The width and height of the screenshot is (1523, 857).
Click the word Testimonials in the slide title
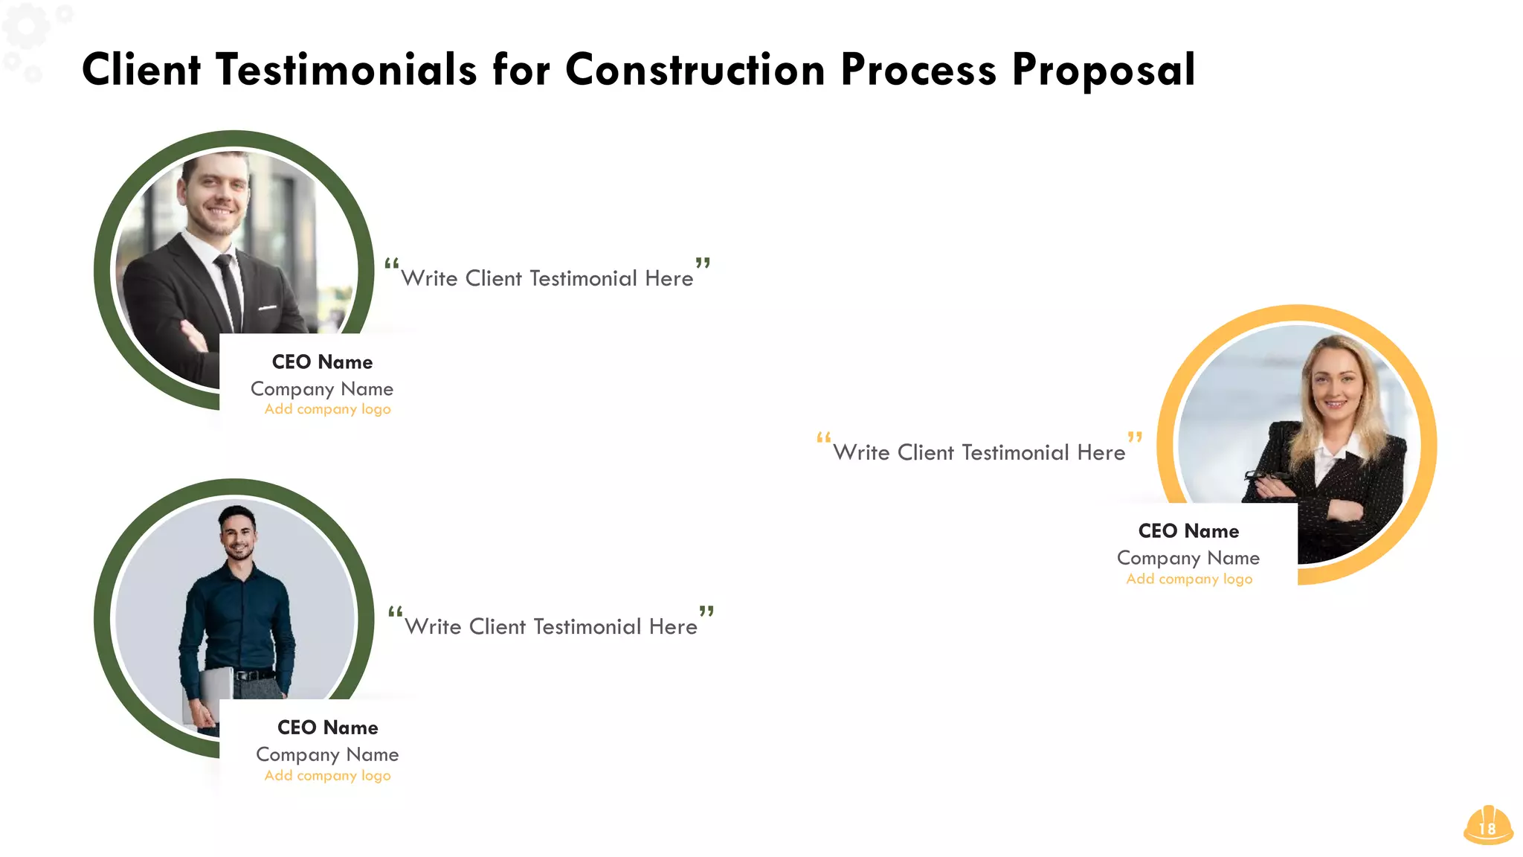pyautogui.click(x=346, y=70)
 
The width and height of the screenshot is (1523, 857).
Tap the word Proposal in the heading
pyautogui.click(x=1104, y=71)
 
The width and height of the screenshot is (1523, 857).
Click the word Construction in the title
pyautogui.click(x=695, y=70)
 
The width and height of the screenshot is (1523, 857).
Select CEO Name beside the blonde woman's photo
pyautogui.click(x=1188, y=531)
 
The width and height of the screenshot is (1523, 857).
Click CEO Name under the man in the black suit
pyautogui.click(x=322, y=362)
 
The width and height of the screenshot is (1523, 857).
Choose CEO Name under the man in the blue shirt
pyautogui.click(x=327, y=728)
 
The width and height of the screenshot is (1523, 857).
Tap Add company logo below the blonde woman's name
pyautogui.click(x=1188, y=579)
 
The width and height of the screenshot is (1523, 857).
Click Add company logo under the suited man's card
pyautogui.click(x=327, y=409)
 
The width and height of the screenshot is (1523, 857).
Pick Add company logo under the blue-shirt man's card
pyautogui.click(x=327, y=775)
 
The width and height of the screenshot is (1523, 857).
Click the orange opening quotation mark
pyautogui.click(x=823, y=437)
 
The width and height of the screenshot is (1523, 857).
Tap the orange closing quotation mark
pyautogui.click(x=1135, y=437)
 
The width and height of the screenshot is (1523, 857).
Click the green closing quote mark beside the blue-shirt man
pyautogui.click(x=706, y=612)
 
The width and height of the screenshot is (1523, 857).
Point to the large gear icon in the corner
pyautogui.click(x=25, y=26)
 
